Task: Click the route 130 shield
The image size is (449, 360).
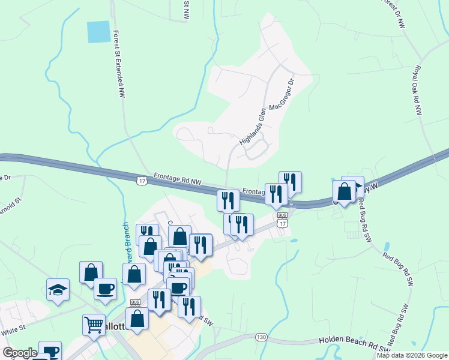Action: (261, 337)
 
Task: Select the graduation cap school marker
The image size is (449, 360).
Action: (58, 289)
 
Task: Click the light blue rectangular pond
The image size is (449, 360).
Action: (99, 31)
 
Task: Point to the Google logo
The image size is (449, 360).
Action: (20, 353)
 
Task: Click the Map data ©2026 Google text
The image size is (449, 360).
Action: (412, 355)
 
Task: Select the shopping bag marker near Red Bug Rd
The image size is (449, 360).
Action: (345, 191)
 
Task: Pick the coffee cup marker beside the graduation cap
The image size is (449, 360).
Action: (105, 289)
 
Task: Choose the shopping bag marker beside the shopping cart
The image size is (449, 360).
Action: (137, 319)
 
